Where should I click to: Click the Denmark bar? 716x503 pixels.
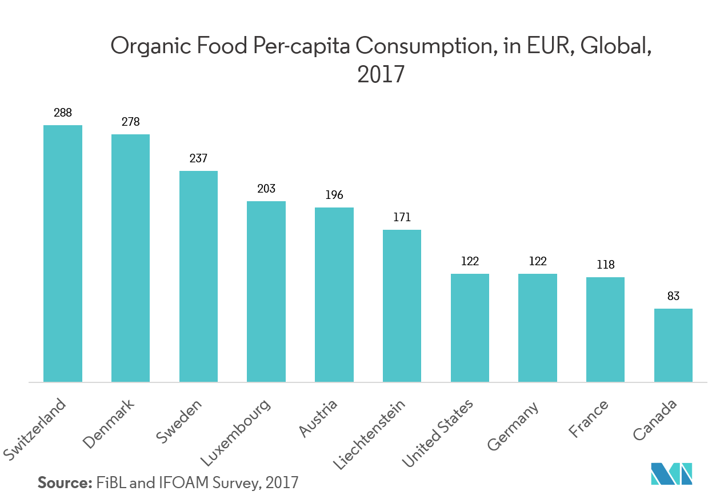130,258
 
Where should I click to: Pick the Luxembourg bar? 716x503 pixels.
266,292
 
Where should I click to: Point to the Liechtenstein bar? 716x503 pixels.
402,306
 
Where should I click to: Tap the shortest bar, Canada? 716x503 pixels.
673,345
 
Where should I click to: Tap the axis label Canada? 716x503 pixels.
655,420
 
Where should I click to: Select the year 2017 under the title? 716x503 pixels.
381,75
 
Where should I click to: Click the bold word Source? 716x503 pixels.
65,482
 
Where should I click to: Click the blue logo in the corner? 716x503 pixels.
671,473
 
